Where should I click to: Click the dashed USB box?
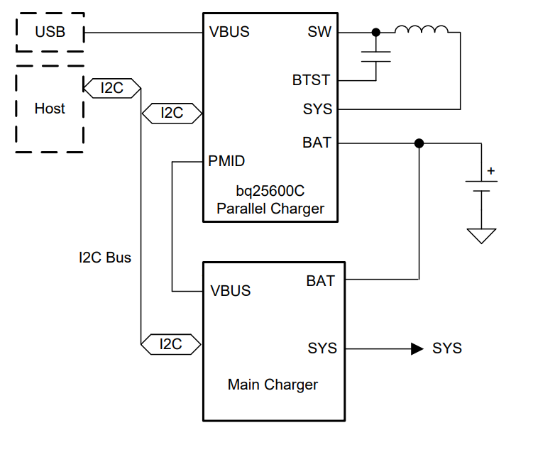50,32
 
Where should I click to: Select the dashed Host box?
50,109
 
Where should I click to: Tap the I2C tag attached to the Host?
112,89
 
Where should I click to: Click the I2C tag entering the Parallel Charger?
172,113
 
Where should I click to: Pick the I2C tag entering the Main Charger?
171,344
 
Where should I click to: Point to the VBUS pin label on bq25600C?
229,33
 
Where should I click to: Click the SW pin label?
319,33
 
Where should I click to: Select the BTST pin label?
312,80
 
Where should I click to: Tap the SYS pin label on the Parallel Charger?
317,109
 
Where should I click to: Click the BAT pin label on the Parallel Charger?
317,143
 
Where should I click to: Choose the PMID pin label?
227,162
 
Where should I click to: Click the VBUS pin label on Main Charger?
231,291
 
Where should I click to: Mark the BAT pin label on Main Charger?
320,280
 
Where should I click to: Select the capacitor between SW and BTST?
376,57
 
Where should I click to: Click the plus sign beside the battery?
490,171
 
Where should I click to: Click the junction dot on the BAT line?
419,143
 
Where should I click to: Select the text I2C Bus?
105,258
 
